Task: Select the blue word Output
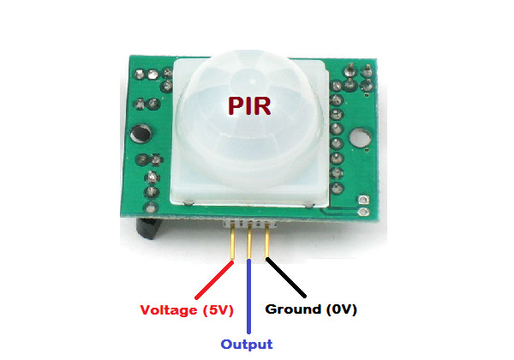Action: [x=247, y=344]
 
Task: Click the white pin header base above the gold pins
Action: [x=248, y=224]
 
